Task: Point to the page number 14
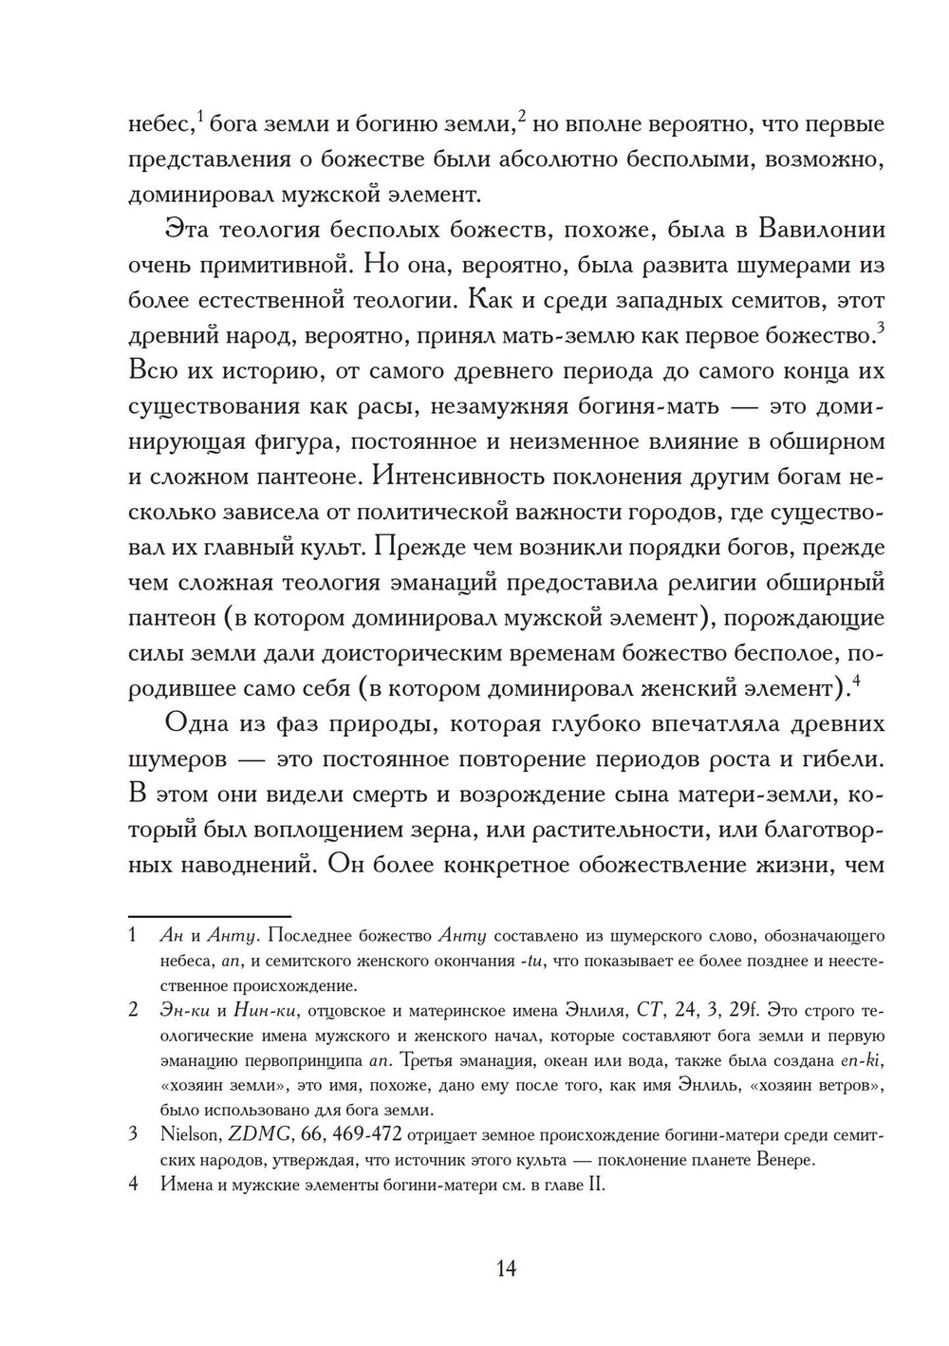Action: (x=506, y=1268)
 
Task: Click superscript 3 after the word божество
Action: (x=881, y=327)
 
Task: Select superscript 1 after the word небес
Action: (x=200, y=117)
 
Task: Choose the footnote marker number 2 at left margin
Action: (x=134, y=1009)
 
